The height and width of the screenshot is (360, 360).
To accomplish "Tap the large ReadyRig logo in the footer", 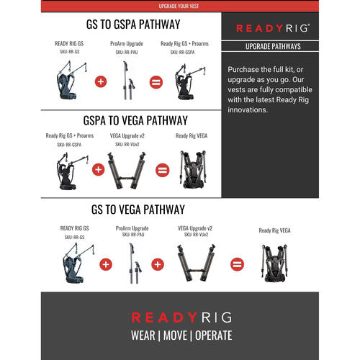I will [x=180, y=316].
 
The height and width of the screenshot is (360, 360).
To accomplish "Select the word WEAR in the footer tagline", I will [x=145, y=334].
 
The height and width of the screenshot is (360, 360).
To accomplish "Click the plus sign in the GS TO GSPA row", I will [x=101, y=81].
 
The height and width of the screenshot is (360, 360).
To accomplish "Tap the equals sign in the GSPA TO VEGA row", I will [x=162, y=171].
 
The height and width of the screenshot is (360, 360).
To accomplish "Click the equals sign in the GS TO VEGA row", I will [x=236, y=264].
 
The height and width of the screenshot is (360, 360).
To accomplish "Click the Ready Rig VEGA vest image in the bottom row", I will [x=276, y=267].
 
